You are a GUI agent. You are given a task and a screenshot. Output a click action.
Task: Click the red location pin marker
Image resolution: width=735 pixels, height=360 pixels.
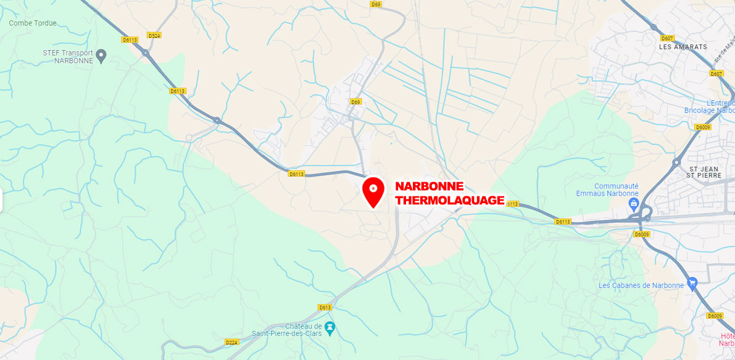tap(373, 191)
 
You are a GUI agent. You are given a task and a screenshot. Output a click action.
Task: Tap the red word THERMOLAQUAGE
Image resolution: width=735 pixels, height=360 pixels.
tap(449, 200)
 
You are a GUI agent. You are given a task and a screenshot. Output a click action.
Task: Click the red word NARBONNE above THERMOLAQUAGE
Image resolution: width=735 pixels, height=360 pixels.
tap(429, 186)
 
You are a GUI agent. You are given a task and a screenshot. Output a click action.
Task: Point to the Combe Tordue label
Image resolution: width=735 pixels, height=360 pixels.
tap(33, 23)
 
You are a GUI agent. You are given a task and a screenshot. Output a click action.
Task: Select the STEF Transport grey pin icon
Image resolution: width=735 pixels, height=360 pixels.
tap(102, 56)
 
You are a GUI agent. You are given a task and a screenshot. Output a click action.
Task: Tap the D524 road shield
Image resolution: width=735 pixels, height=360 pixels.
tap(154, 36)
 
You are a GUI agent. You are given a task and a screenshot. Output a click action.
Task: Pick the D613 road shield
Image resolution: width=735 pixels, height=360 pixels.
tap(325, 308)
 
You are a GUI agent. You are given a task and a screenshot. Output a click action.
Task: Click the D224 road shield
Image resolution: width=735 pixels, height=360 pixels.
tap(232, 341)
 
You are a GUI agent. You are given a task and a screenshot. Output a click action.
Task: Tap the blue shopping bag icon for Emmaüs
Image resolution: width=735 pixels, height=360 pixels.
tap(633, 203)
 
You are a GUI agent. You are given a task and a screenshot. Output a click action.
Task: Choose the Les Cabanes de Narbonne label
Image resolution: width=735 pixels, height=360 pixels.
tap(641, 285)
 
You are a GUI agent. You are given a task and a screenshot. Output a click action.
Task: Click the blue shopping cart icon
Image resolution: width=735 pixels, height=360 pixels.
tap(692, 283)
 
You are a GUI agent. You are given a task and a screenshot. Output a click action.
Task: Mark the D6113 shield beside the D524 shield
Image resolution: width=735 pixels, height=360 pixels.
tap(130, 39)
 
